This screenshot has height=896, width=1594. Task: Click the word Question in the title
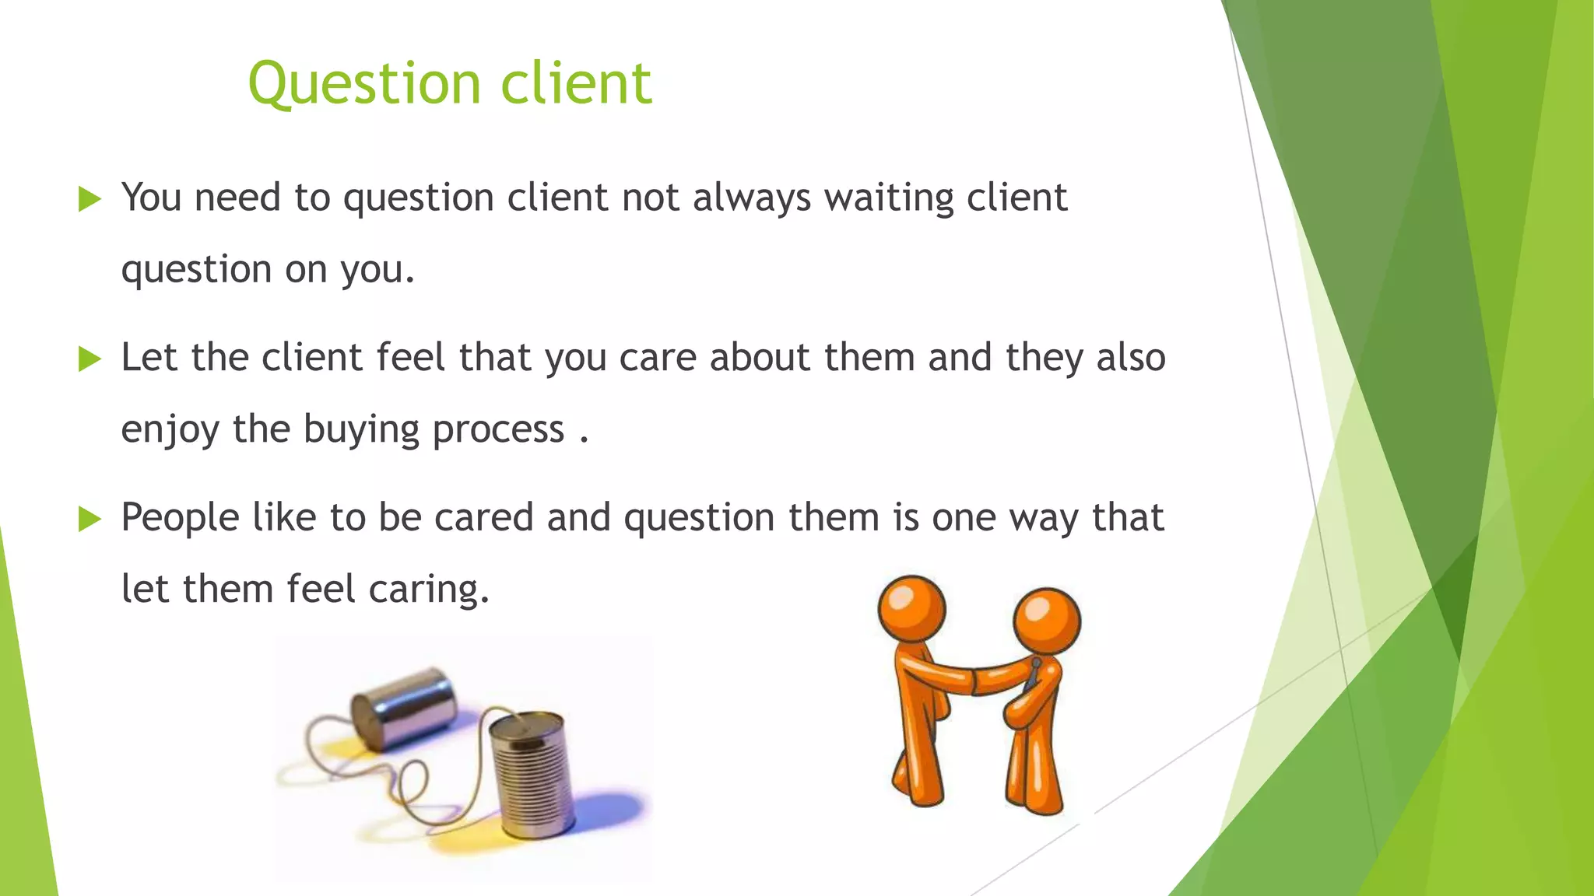pos(364,84)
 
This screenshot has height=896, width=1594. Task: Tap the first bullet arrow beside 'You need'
pos(90,200)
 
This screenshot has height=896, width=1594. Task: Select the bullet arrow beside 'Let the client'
pos(90,359)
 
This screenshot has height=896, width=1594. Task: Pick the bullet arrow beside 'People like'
pos(90,519)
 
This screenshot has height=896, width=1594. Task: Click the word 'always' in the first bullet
pos(752,198)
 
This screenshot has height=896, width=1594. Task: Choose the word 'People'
pos(180,518)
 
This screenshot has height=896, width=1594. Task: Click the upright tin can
pos(532,774)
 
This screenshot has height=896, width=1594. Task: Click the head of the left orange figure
pos(912,608)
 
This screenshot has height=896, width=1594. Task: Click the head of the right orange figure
pos(1047,621)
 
